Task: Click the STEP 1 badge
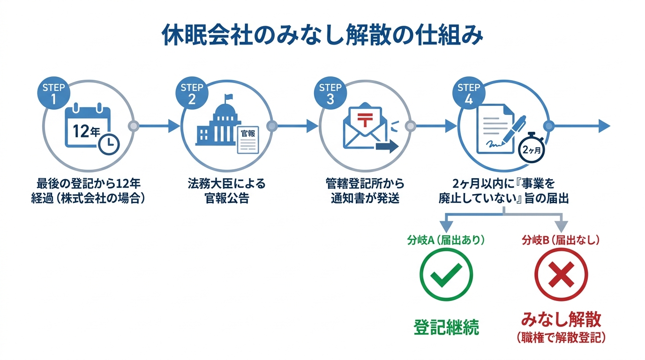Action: (x=53, y=93)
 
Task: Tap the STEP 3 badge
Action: (x=330, y=93)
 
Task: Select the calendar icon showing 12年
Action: (x=87, y=128)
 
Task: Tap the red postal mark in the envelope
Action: (x=364, y=117)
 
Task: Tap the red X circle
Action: (x=561, y=274)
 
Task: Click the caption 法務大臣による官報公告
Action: (x=227, y=190)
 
